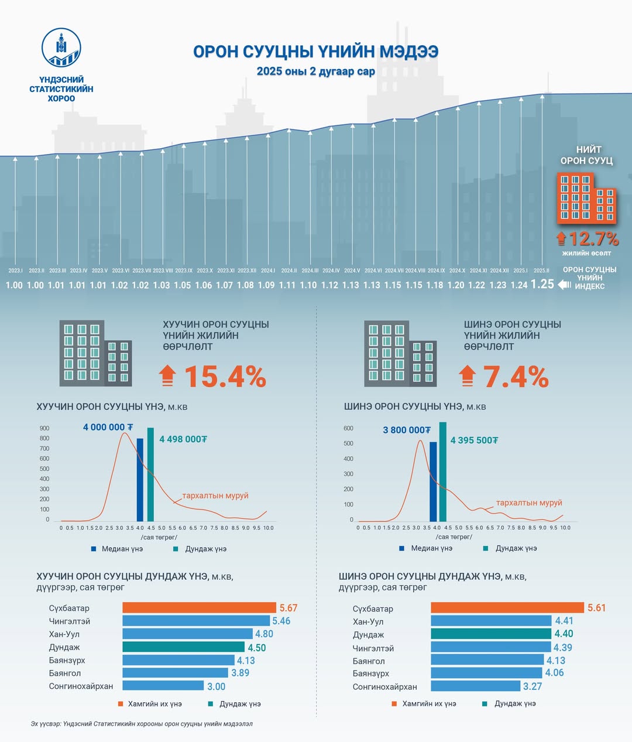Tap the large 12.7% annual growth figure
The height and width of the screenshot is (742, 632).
click(593, 239)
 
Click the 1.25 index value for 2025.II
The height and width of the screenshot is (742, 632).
click(542, 284)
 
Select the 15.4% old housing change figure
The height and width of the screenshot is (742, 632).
click(225, 377)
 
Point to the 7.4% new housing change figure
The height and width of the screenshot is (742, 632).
click(516, 377)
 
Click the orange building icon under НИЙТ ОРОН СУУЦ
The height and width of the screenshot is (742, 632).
click(586, 198)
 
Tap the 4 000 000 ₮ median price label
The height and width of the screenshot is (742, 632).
click(108, 428)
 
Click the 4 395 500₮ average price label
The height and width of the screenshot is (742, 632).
click(474, 440)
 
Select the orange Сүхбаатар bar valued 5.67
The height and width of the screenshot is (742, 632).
click(199, 608)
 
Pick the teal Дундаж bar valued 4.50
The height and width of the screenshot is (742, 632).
click(183, 647)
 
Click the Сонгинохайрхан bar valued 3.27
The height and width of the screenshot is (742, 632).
click(475, 686)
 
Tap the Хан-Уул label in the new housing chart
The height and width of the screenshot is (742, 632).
click(368, 622)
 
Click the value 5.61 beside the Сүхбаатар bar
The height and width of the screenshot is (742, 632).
click(597, 608)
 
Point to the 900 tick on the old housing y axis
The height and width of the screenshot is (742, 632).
click(44, 429)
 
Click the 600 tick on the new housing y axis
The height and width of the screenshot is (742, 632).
click(348, 429)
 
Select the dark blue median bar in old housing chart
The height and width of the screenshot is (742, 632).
click(140, 480)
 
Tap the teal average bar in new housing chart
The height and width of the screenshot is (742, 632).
click(443, 471)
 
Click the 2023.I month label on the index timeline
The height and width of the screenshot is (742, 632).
click(15, 271)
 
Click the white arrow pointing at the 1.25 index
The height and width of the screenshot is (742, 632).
click(565, 285)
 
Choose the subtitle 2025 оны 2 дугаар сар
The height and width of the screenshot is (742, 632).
click(315, 71)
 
